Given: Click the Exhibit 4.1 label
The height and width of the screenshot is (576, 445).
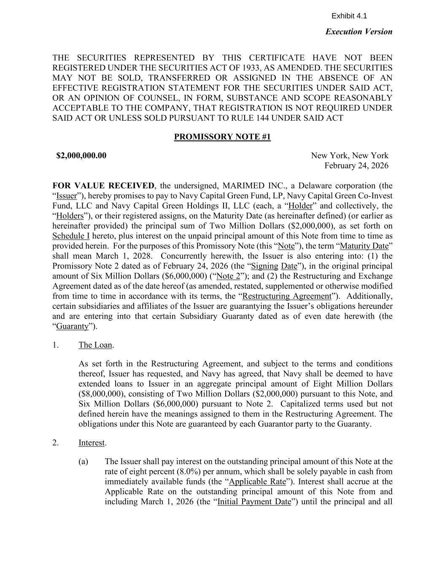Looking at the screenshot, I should click(349, 16).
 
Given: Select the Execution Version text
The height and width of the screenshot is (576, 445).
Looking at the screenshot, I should click(359, 32).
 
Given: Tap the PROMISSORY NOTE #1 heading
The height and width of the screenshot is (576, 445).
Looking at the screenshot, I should click(222, 137).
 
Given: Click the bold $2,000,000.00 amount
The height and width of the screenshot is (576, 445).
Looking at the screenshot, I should click(81, 156).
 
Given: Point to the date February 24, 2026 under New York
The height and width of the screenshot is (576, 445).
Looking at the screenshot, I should click(356, 166).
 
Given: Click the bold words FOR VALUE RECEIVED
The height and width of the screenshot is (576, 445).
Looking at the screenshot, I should click(103, 186).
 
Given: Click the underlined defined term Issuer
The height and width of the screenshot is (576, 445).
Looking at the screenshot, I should click(67, 196).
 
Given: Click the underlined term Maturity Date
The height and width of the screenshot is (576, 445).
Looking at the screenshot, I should click(364, 246).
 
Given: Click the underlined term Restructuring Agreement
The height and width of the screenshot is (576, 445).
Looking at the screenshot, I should click(287, 296).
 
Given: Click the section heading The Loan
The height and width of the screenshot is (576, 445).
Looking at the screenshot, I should click(95, 345).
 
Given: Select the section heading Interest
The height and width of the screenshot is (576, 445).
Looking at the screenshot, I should click(91, 443).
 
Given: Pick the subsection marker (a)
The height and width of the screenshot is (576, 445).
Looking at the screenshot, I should click(83, 462).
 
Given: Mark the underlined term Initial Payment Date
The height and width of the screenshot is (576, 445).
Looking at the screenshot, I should click(254, 502).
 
